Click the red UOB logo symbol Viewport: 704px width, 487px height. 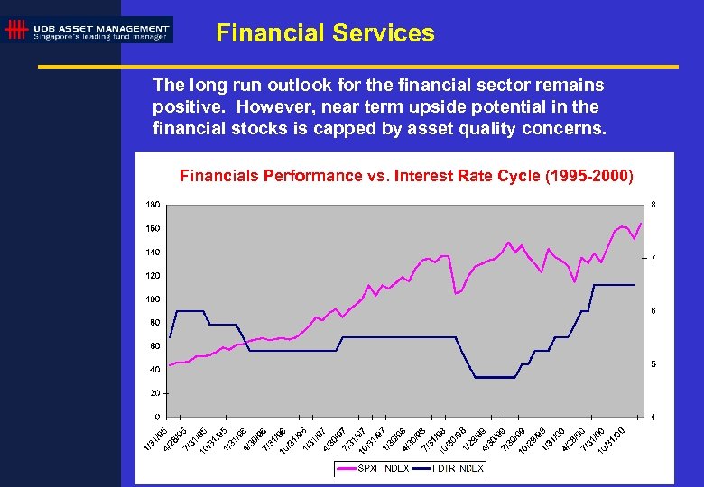15,31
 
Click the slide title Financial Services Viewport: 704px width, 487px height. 325,33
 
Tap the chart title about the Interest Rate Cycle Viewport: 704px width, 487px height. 406,174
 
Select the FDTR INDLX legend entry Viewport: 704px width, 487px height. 459,468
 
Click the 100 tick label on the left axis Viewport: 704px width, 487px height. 153,299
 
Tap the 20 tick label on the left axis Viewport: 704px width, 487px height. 155,393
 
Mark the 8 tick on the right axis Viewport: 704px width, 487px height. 653,205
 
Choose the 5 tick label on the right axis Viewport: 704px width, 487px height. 653,363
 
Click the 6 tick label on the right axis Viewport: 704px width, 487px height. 653,311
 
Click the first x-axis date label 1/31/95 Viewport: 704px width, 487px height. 155,436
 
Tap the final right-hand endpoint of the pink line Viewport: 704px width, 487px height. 642,222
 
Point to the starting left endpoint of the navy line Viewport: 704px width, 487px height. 169,337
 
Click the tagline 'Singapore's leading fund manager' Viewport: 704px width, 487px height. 100,37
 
